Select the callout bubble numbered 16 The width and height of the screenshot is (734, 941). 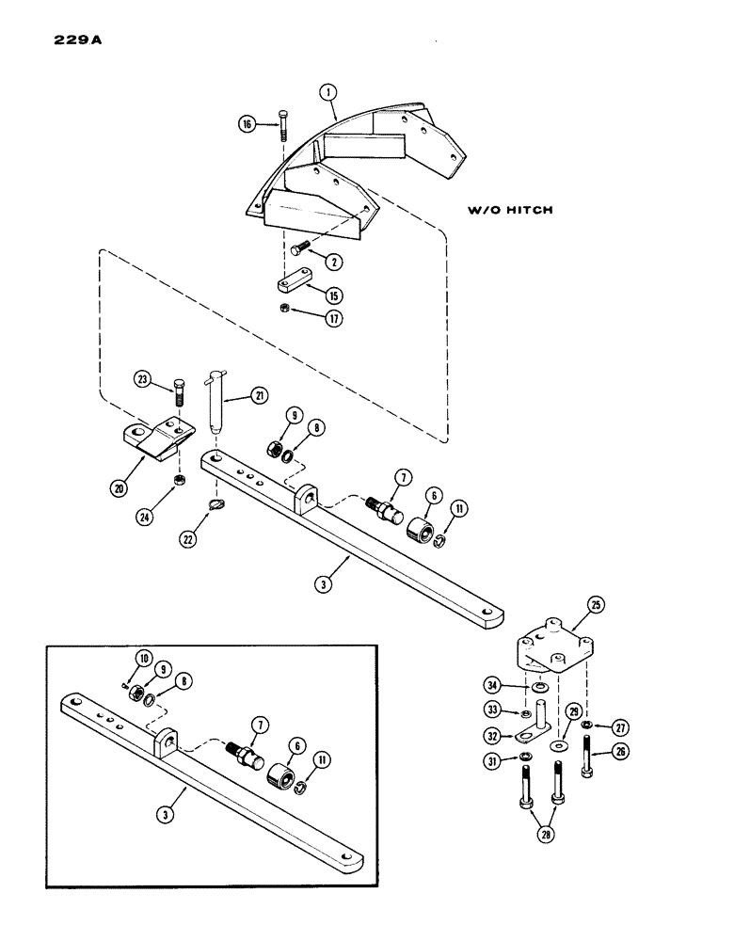pyautogui.click(x=247, y=123)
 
